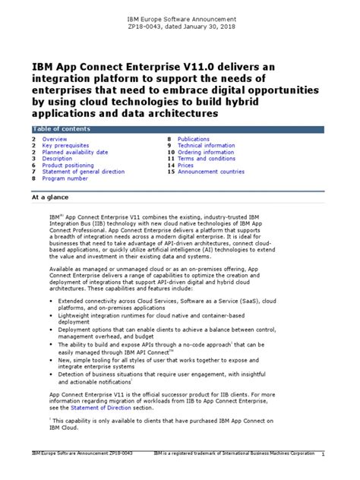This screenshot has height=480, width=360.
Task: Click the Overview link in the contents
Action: point(54,140)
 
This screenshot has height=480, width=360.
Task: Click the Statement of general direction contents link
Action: point(84,172)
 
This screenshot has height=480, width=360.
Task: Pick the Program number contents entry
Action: point(65,179)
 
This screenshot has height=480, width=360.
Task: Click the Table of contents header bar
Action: point(179,129)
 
